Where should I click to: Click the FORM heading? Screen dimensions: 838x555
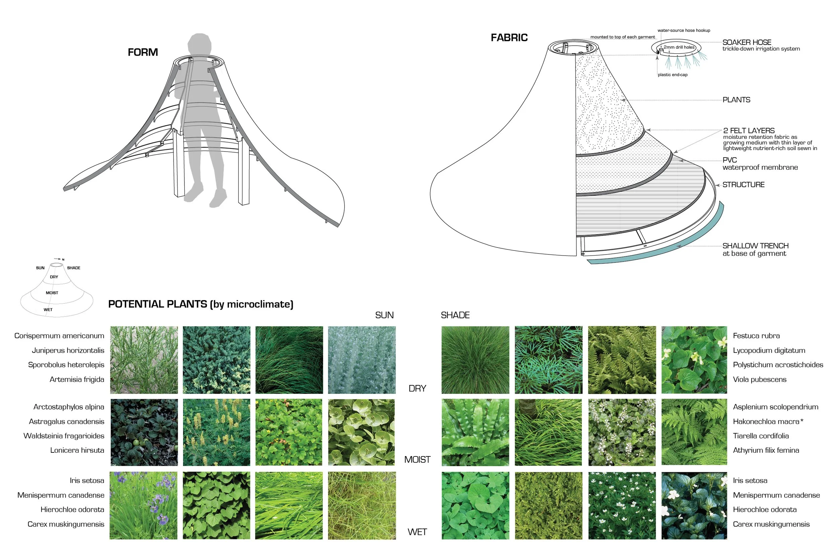point(142,52)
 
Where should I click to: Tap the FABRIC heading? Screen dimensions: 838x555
point(509,38)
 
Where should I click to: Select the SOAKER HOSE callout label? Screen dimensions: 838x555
point(747,42)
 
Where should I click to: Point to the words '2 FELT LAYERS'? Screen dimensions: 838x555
point(749,130)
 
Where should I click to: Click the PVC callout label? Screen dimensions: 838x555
point(729,160)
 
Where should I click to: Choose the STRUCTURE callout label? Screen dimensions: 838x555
point(743,185)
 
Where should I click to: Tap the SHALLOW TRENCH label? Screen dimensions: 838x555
point(755,246)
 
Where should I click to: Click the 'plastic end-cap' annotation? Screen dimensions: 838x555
point(672,75)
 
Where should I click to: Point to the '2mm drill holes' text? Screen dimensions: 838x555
point(679,47)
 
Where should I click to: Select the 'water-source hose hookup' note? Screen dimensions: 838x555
point(684,31)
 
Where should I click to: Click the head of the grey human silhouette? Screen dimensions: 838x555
point(199,45)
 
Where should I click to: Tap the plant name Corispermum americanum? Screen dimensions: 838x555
point(59,336)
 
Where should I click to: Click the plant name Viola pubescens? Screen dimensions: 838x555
point(760,379)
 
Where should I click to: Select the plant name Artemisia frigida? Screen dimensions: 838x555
point(77,379)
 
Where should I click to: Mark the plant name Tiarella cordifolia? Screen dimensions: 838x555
point(761,436)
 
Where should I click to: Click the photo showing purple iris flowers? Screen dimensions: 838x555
point(143,505)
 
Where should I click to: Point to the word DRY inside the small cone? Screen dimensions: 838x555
point(54,277)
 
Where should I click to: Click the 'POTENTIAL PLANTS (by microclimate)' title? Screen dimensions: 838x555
point(200,304)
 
